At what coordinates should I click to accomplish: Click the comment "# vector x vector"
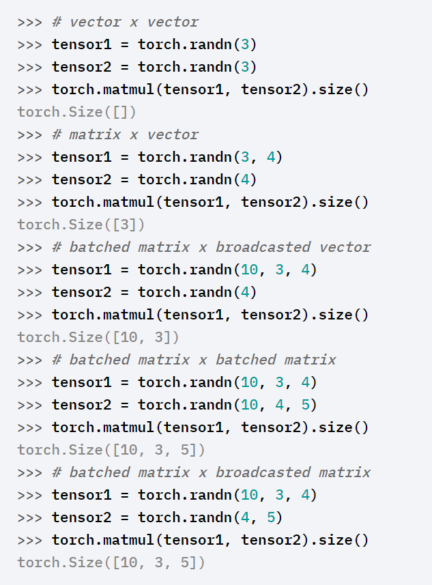pos(125,22)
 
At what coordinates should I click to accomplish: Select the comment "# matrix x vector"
pos(125,134)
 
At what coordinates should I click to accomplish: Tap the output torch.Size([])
pos(77,112)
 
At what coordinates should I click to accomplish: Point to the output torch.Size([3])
pos(81,225)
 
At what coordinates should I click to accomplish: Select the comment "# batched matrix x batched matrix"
pos(194,360)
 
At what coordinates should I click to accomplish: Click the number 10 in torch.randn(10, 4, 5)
pos(250,405)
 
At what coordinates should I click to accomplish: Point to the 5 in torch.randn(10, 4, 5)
pos(305,405)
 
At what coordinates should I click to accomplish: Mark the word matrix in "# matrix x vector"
pos(95,134)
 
